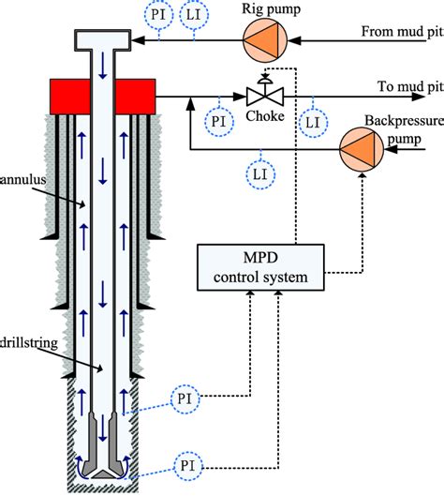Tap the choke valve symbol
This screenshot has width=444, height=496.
tap(263, 95)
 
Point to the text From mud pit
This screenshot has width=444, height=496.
tap(400, 32)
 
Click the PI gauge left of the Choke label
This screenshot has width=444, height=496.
tap(218, 121)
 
